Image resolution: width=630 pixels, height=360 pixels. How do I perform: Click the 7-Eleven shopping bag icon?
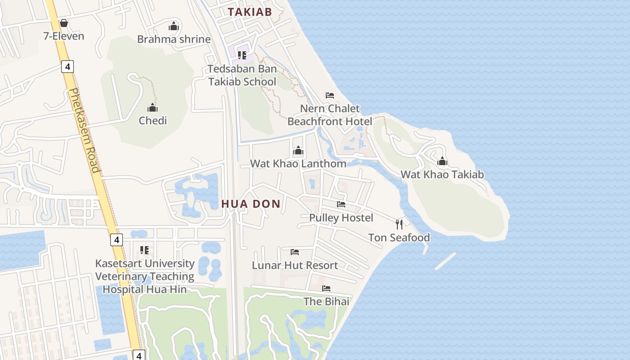pyautogui.click(x=64, y=23)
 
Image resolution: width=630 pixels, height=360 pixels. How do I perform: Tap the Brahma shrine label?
pyautogui.click(x=174, y=39)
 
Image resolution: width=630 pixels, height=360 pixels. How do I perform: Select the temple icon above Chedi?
pyautogui.click(x=153, y=108)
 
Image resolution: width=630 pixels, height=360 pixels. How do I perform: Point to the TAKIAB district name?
pyautogui.click(x=250, y=12)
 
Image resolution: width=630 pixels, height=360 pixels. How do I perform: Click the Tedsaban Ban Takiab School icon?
pyautogui.click(x=242, y=55)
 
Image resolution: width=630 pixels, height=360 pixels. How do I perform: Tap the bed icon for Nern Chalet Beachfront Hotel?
pyautogui.click(x=330, y=95)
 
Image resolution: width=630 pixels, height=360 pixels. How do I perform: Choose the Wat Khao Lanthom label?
pyautogui.click(x=298, y=163)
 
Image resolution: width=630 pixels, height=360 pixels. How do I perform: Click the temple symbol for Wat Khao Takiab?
pyautogui.click(x=442, y=161)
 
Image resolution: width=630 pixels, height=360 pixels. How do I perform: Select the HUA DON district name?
pyautogui.click(x=251, y=204)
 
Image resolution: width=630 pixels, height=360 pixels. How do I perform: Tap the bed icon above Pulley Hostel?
pyautogui.click(x=341, y=204)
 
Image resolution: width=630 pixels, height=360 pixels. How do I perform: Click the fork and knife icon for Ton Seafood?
pyautogui.click(x=399, y=224)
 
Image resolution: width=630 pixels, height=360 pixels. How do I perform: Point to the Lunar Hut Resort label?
pyautogui.click(x=295, y=265)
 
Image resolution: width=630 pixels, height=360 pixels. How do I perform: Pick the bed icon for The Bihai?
pyautogui.click(x=326, y=288)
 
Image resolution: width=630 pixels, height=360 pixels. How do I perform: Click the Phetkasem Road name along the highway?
pyautogui.click(x=84, y=130)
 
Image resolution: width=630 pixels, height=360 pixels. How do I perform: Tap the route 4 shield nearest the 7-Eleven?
pyautogui.click(x=67, y=67)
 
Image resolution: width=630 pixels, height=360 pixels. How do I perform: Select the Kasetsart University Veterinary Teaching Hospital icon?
pyautogui.click(x=144, y=250)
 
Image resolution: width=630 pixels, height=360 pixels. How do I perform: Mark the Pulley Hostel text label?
pyautogui.click(x=341, y=218)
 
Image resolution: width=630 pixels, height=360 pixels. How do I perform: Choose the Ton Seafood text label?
pyautogui.click(x=399, y=238)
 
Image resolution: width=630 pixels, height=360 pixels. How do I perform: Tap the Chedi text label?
pyautogui.click(x=153, y=121)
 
